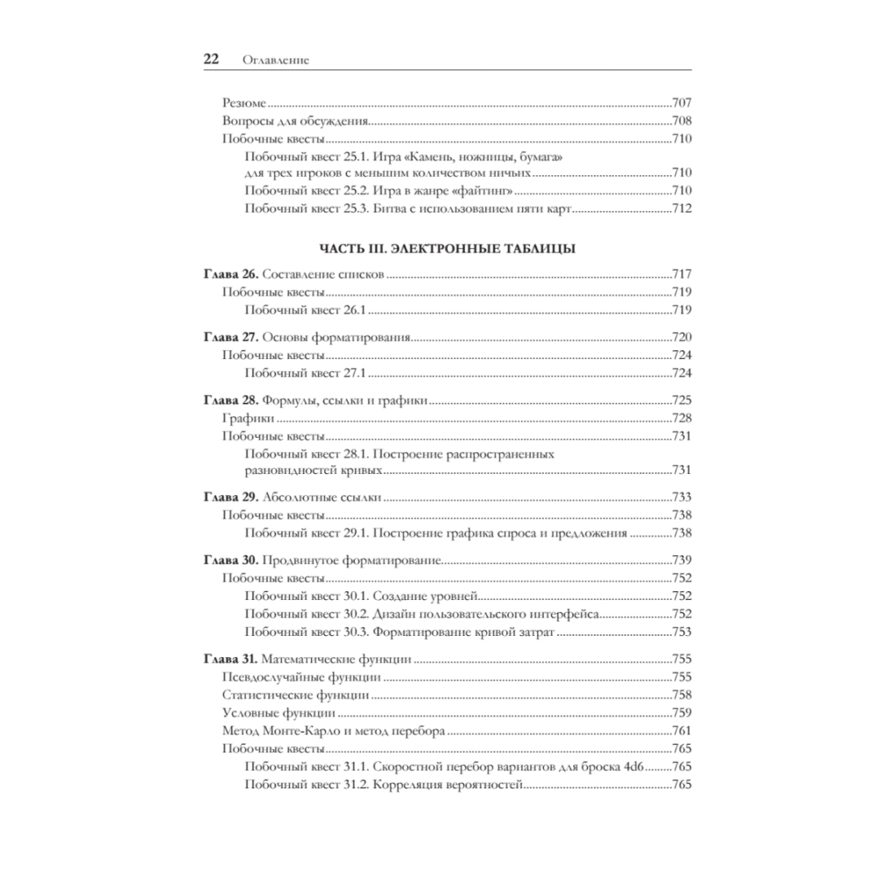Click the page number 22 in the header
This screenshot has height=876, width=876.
click(210, 60)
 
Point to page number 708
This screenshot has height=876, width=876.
click(682, 121)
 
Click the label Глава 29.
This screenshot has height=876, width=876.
click(230, 497)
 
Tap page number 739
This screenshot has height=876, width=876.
click(682, 559)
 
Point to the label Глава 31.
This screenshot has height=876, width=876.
click(230, 658)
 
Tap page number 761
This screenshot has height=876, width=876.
click(682, 731)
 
